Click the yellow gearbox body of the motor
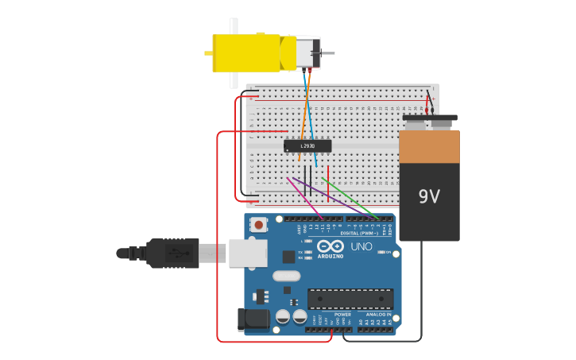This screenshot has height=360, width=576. tap(246, 53)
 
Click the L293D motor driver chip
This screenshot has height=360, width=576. tap(307, 145)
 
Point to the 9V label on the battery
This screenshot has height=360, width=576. tap(429, 196)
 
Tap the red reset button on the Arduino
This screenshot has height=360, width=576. tap(259, 226)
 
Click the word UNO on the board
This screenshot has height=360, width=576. tap(361, 246)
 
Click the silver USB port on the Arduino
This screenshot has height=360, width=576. tap(247, 253)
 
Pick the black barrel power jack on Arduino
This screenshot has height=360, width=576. tap(253, 319)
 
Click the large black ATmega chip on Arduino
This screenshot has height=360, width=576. tap(350, 299)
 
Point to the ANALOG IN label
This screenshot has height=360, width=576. tap(375, 315)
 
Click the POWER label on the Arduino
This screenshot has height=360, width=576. tap(342, 315)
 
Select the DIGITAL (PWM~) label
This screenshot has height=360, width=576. tap(360, 233)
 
